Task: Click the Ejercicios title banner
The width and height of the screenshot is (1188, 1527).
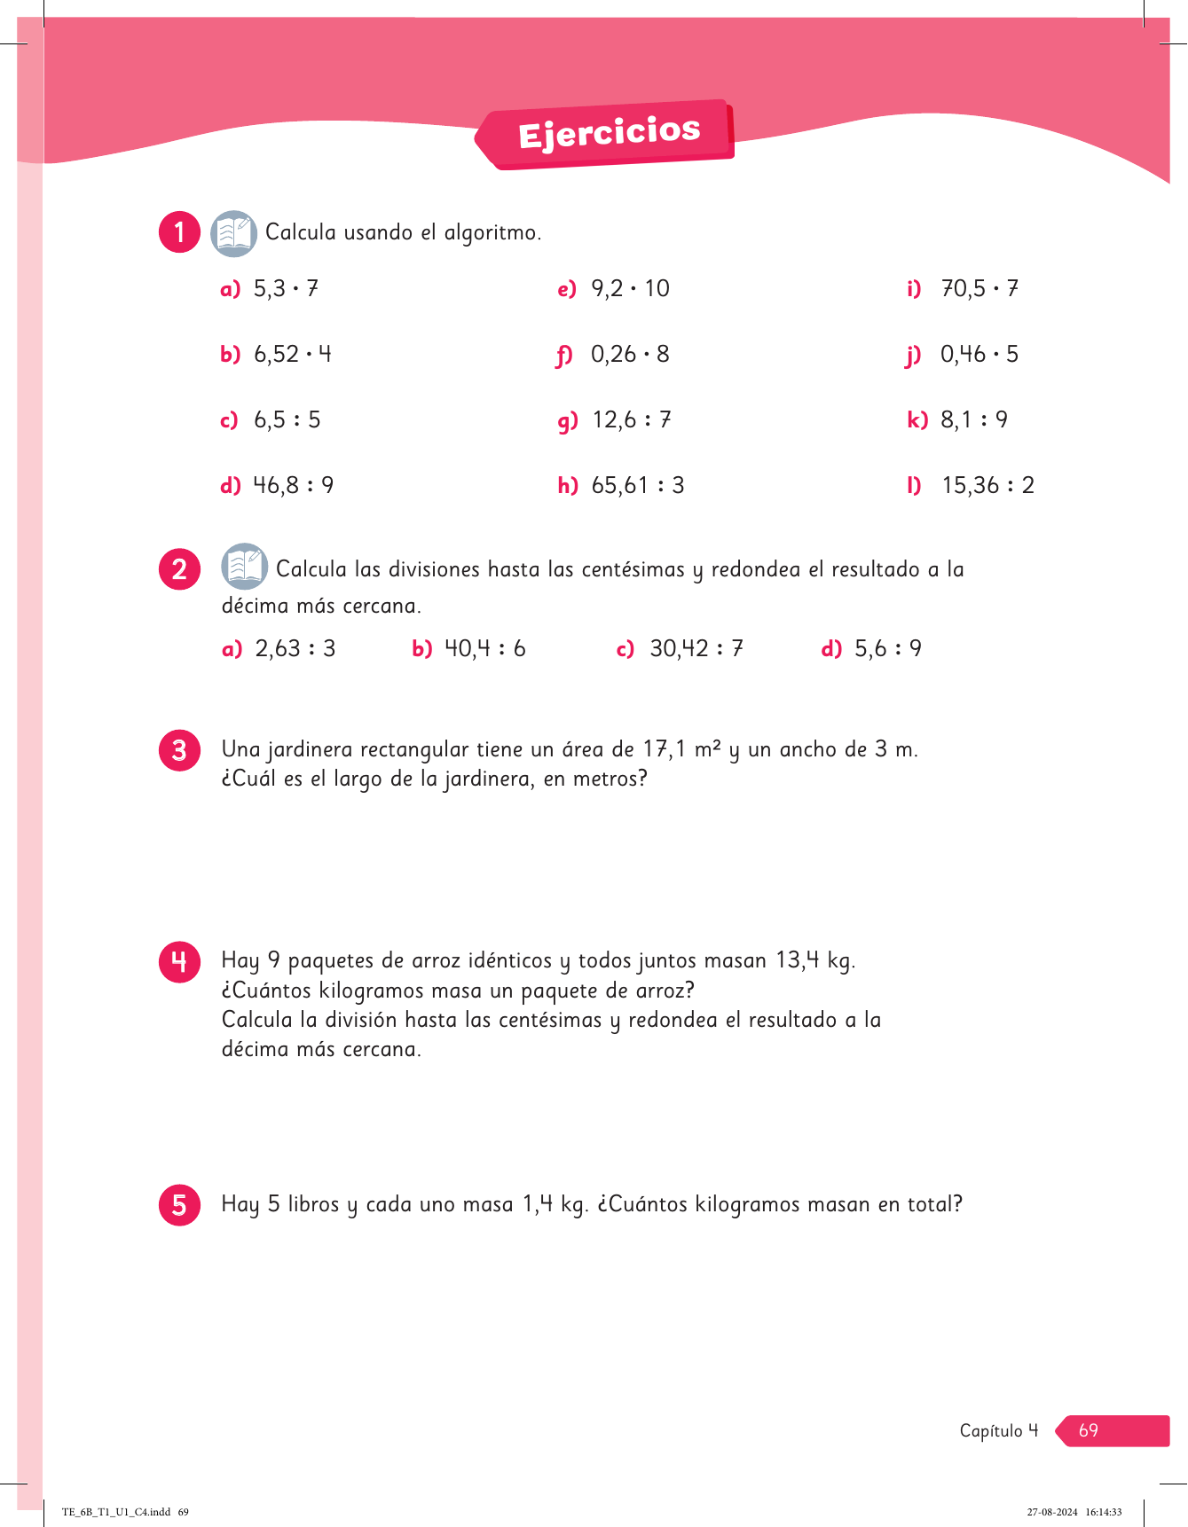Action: click(x=609, y=134)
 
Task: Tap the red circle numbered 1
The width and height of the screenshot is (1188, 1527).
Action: click(x=179, y=232)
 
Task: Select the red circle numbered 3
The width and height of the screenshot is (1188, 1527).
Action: click(x=179, y=750)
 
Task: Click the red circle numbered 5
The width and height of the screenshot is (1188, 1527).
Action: click(x=179, y=1204)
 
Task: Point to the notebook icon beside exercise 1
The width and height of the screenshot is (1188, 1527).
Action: click(x=233, y=233)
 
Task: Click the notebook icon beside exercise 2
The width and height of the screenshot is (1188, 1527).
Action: click(x=244, y=567)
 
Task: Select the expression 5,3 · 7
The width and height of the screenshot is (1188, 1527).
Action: click(x=286, y=289)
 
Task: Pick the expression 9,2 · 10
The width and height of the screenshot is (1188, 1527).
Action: click(x=630, y=289)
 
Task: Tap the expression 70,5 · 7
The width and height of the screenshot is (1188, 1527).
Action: click(x=980, y=289)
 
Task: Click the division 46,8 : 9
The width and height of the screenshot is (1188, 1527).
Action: click(x=293, y=486)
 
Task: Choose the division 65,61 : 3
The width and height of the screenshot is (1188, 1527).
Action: click(x=637, y=486)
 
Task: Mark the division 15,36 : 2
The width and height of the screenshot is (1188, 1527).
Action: click(x=987, y=486)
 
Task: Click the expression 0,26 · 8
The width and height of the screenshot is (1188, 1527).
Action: click(x=630, y=355)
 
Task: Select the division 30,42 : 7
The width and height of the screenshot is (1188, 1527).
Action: click(x=696, y=649)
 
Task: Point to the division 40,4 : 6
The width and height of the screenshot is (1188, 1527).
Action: click(x=484, y=649)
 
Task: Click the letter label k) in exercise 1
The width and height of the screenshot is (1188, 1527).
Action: click(x=917, y=420)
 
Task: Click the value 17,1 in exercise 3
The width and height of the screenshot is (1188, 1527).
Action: click(x=665, y=749)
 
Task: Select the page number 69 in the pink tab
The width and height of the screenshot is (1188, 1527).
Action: click(x=1089, y=1430)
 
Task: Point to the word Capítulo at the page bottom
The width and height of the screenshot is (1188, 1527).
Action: click(x=991, y=1430)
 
